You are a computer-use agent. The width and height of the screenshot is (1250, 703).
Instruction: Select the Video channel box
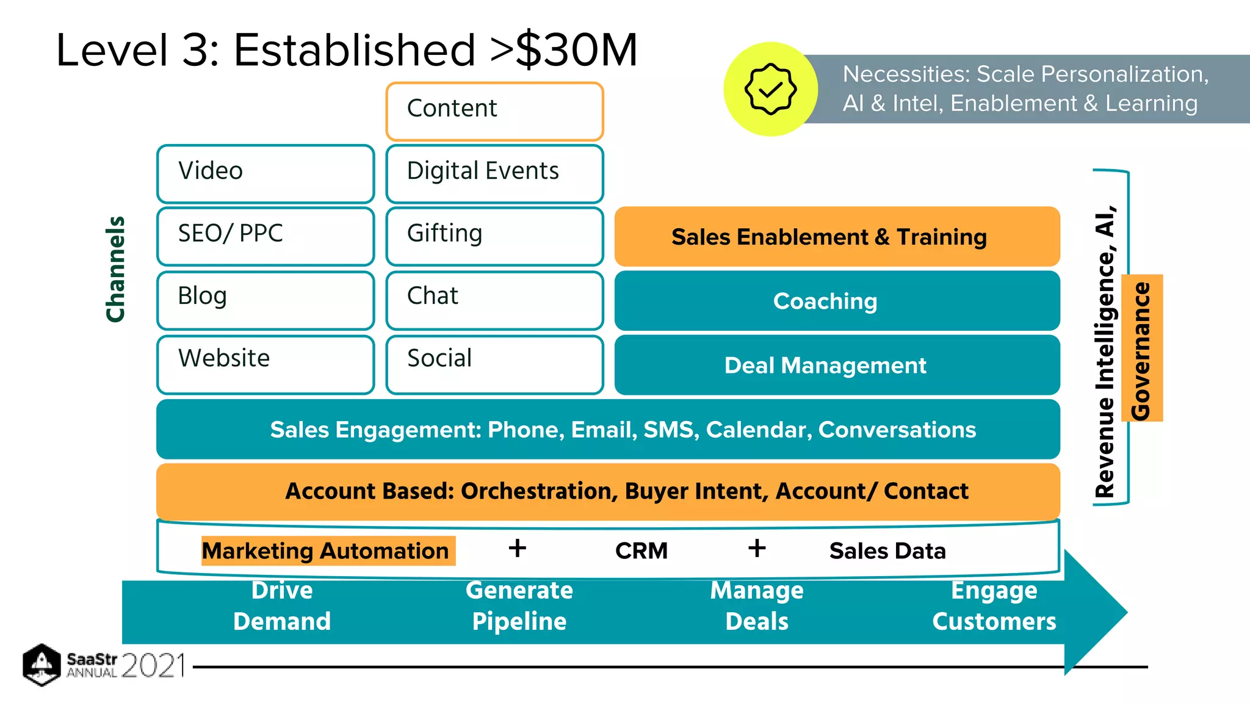point(266,173)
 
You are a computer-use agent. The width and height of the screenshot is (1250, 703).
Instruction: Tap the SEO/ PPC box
point(266,236)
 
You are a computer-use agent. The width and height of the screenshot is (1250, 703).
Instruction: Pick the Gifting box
point(494,236)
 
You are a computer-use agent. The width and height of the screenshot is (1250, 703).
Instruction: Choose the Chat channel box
point(494,300)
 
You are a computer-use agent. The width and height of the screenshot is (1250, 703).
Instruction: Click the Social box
point(494,364)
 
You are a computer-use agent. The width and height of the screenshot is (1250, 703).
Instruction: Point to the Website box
point(266,364)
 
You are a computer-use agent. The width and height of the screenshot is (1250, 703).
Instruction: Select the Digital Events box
point(494,173)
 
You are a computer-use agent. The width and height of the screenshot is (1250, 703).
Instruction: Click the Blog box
point(266,300)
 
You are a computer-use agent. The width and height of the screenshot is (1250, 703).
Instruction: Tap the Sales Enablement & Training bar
point(837,236)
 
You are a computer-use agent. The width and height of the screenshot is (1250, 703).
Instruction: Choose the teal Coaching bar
point(837,301)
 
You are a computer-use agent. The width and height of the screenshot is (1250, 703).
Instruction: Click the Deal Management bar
point(837,365)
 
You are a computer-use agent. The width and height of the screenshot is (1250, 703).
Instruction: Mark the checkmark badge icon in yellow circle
point(770,89)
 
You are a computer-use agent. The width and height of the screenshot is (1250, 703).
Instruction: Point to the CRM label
point(641,550)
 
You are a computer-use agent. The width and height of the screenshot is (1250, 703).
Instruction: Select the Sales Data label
point(887,550)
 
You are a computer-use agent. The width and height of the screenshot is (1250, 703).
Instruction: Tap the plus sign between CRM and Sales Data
point(757,548)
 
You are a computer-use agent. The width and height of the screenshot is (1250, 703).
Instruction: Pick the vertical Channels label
point(115,269)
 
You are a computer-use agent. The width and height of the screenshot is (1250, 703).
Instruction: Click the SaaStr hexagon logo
point(42,665)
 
